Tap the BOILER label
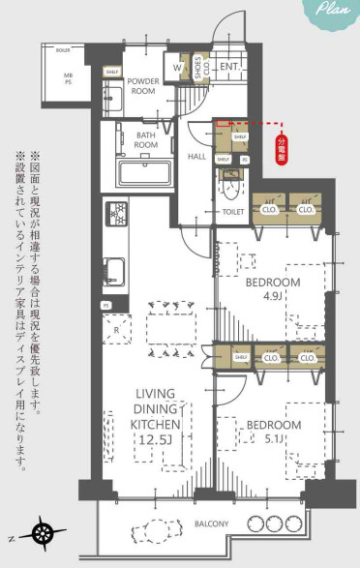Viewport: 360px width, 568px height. [x=64, y=48]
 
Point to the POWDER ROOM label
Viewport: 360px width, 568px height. [x=142, y=85]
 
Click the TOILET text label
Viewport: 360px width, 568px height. [x=232, y=209]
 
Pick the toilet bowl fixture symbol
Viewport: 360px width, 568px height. [x=230, y=182]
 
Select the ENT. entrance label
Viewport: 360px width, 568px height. [x=229, y=66]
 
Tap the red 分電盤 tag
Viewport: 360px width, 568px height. [x=282, y=152]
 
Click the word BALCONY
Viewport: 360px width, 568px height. [x=209, y=524]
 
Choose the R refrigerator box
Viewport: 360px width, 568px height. [x=117, y=330]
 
